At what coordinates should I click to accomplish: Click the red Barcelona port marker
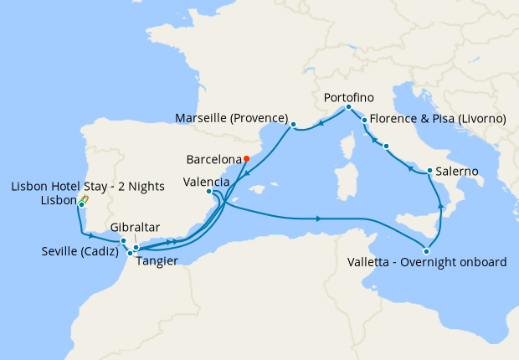245,159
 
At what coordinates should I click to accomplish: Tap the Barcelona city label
213,159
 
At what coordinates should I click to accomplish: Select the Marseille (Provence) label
232,118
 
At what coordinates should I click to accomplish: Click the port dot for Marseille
293,126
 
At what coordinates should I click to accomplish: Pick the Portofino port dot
348,107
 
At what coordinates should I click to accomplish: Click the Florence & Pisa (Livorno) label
437,119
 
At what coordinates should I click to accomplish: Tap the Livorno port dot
365,121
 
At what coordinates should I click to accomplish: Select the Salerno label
457,171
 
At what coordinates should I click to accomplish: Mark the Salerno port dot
429,172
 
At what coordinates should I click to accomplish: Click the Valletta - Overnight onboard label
426,262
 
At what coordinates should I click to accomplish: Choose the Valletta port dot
427,250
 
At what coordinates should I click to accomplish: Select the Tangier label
157,260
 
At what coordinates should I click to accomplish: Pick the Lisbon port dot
81,205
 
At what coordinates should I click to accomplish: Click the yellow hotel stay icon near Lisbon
85,198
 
